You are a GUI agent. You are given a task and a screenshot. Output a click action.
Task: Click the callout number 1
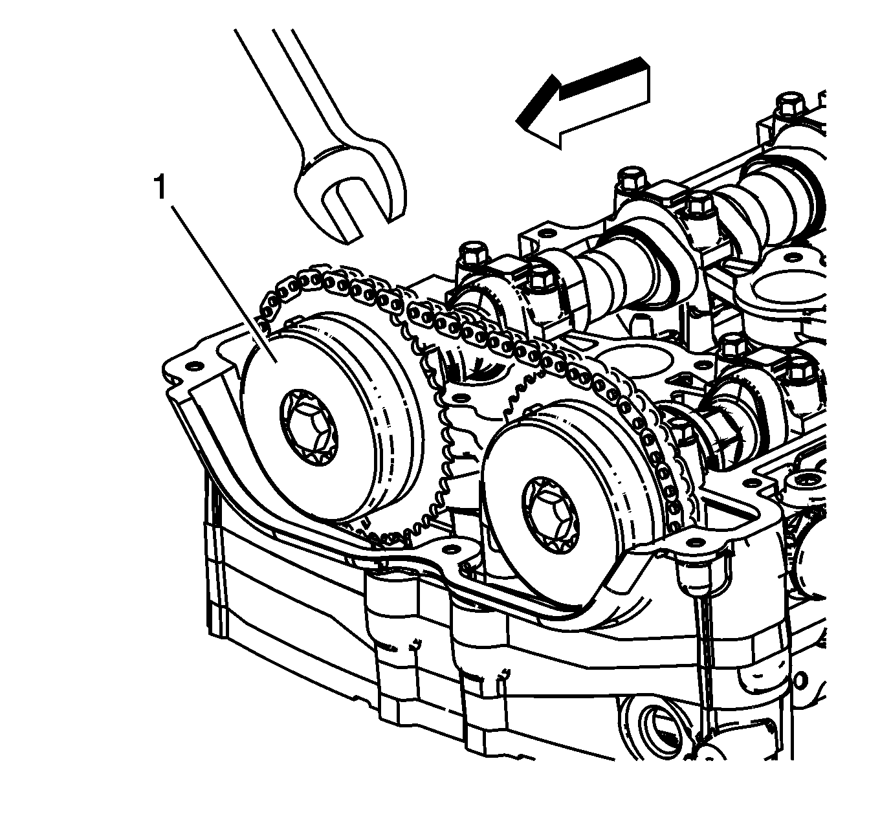(160, 188)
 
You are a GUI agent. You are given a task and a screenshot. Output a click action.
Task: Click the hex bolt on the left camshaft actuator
(309, 428)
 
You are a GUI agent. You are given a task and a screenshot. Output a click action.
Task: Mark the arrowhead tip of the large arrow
(516, 120)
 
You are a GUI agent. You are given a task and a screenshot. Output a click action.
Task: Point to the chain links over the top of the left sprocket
(336, 283)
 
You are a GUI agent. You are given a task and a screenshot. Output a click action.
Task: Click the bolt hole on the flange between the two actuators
(459, 396)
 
